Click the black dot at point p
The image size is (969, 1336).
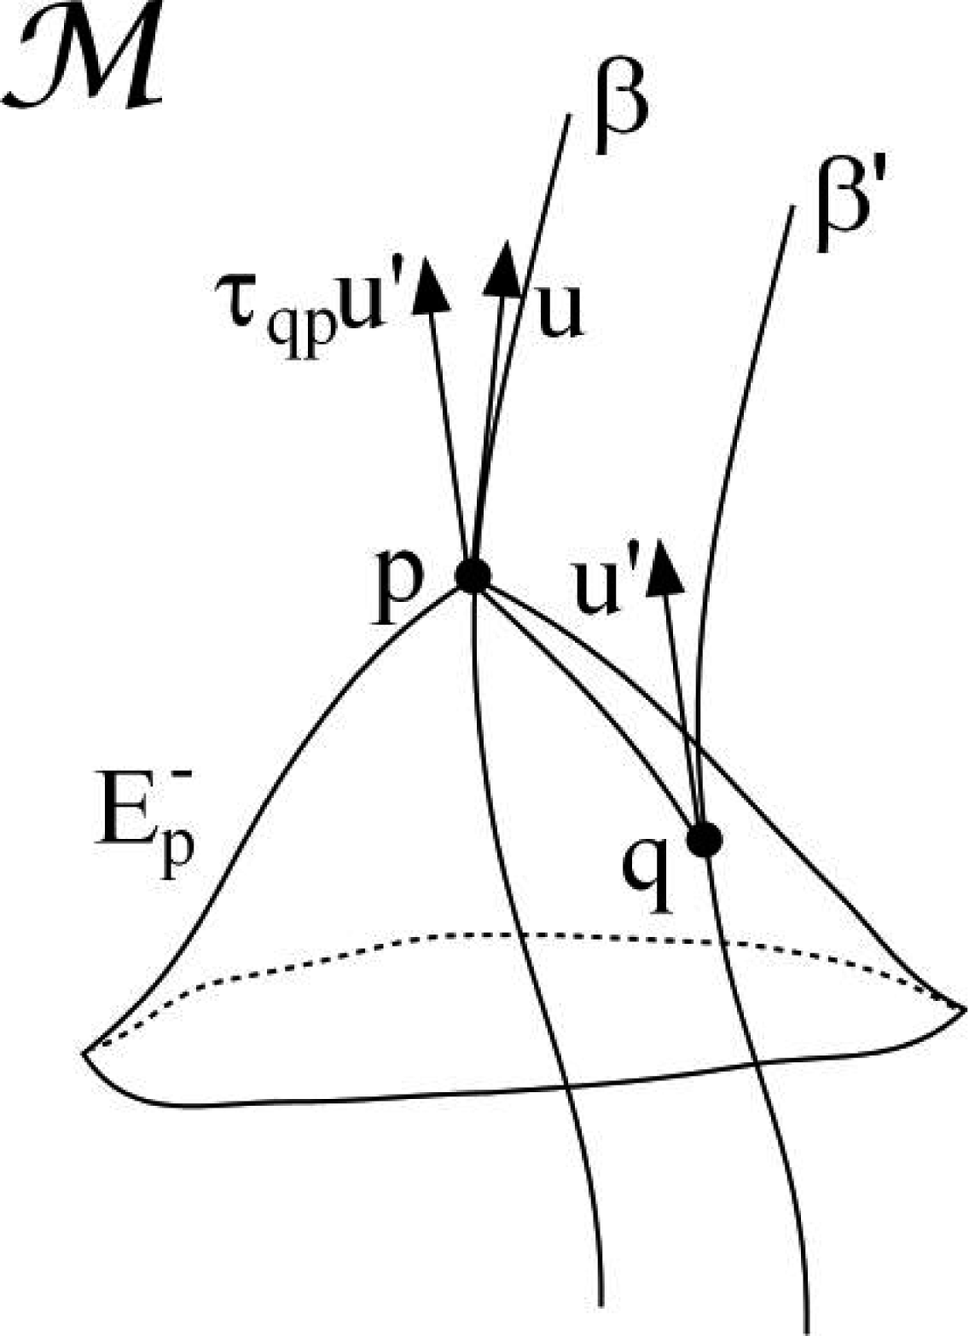pos(472,575)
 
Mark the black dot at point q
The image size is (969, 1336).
pos(705,841)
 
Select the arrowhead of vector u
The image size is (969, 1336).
pos(505,269)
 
